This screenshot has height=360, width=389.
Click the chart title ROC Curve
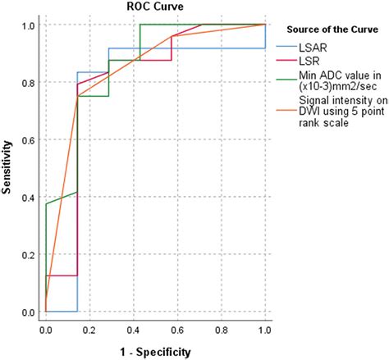click(x=154, y=8)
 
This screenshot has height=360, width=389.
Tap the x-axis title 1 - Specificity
click(x=155, y=352)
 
